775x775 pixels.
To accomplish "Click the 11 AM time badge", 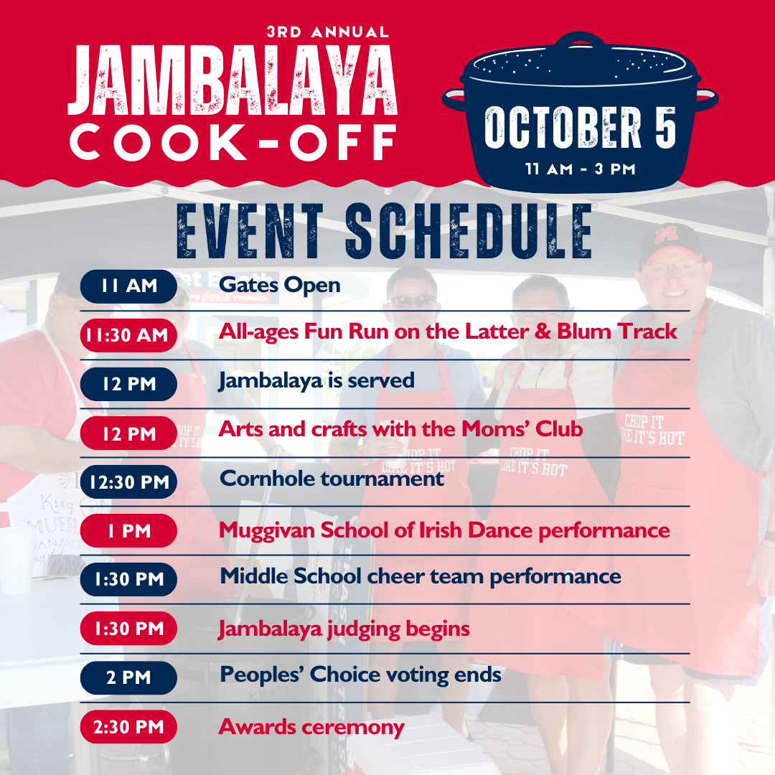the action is (x=128, y=286).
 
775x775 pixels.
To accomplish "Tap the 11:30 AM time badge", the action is (x=128, y=335).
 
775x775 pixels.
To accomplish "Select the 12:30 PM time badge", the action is (x=128, y=482).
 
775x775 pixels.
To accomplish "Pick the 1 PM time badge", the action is (x=128, y=531).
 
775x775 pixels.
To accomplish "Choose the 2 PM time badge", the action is (x=128, y=677).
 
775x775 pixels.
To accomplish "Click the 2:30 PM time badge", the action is (x=128, y=726).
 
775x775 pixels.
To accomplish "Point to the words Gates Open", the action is (x=280, y=286).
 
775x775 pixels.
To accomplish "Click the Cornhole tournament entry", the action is (x=332, y=479).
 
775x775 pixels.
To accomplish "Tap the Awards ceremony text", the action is (x=311, y=728).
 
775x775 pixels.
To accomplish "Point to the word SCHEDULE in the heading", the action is (x=469, y=231).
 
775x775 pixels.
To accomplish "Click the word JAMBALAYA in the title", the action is (x=232, y=80).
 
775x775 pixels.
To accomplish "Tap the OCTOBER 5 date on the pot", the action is (x=581, y=128).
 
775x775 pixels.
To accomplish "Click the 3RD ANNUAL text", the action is (x=328, y=32).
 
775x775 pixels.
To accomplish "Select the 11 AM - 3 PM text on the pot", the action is (x=581, y=169).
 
